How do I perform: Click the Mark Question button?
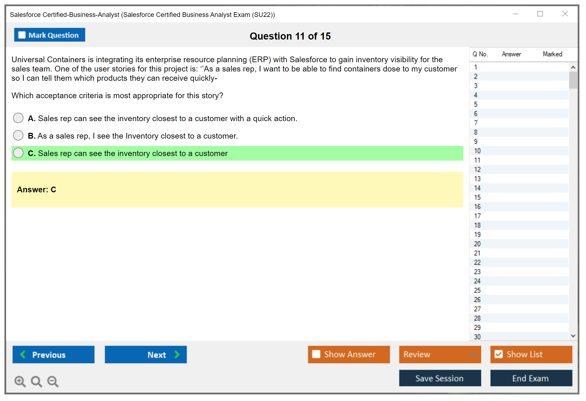50,35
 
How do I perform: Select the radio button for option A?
18,118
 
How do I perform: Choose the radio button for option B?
18,135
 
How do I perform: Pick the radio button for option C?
18,153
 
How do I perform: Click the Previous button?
53,354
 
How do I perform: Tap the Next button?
146,354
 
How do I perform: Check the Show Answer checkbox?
316,354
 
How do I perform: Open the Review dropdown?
440,354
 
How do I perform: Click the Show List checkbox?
499,354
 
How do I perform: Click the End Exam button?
531,378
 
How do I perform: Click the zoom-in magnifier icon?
20,381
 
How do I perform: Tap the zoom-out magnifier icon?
53,381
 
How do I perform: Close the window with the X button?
565,14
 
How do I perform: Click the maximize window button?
540,14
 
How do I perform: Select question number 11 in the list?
477,160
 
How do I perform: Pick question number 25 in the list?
477,290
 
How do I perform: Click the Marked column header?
552,54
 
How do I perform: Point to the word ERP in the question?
260,59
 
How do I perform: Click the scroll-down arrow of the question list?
573,336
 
